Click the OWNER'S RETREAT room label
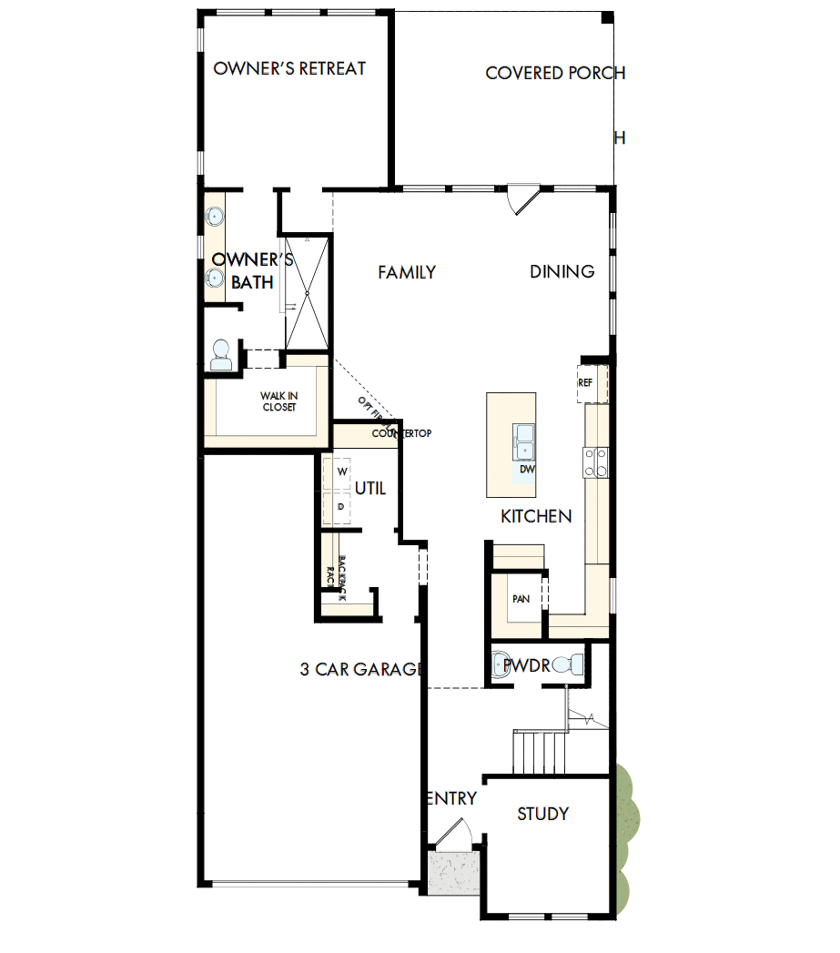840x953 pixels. tap(289, 68)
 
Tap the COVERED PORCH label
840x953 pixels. tap(555, 73)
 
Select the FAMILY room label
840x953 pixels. tap(407, 271)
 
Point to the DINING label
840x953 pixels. tap(562, 271)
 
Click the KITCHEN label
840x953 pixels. tap(536, 516)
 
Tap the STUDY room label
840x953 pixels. tap(543, 814)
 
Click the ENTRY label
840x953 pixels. tap(451, 798)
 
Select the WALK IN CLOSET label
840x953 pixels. tap(278, 401)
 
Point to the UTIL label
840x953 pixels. tap(370, 489)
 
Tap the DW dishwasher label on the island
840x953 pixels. tap(526, 470)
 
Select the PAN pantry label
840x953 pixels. tap(521, 599)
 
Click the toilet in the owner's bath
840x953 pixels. tap(220, 356)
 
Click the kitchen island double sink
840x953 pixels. tap(524, 441)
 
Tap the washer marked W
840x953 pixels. tap(342, 471)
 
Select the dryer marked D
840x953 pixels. tap(341, 506)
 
